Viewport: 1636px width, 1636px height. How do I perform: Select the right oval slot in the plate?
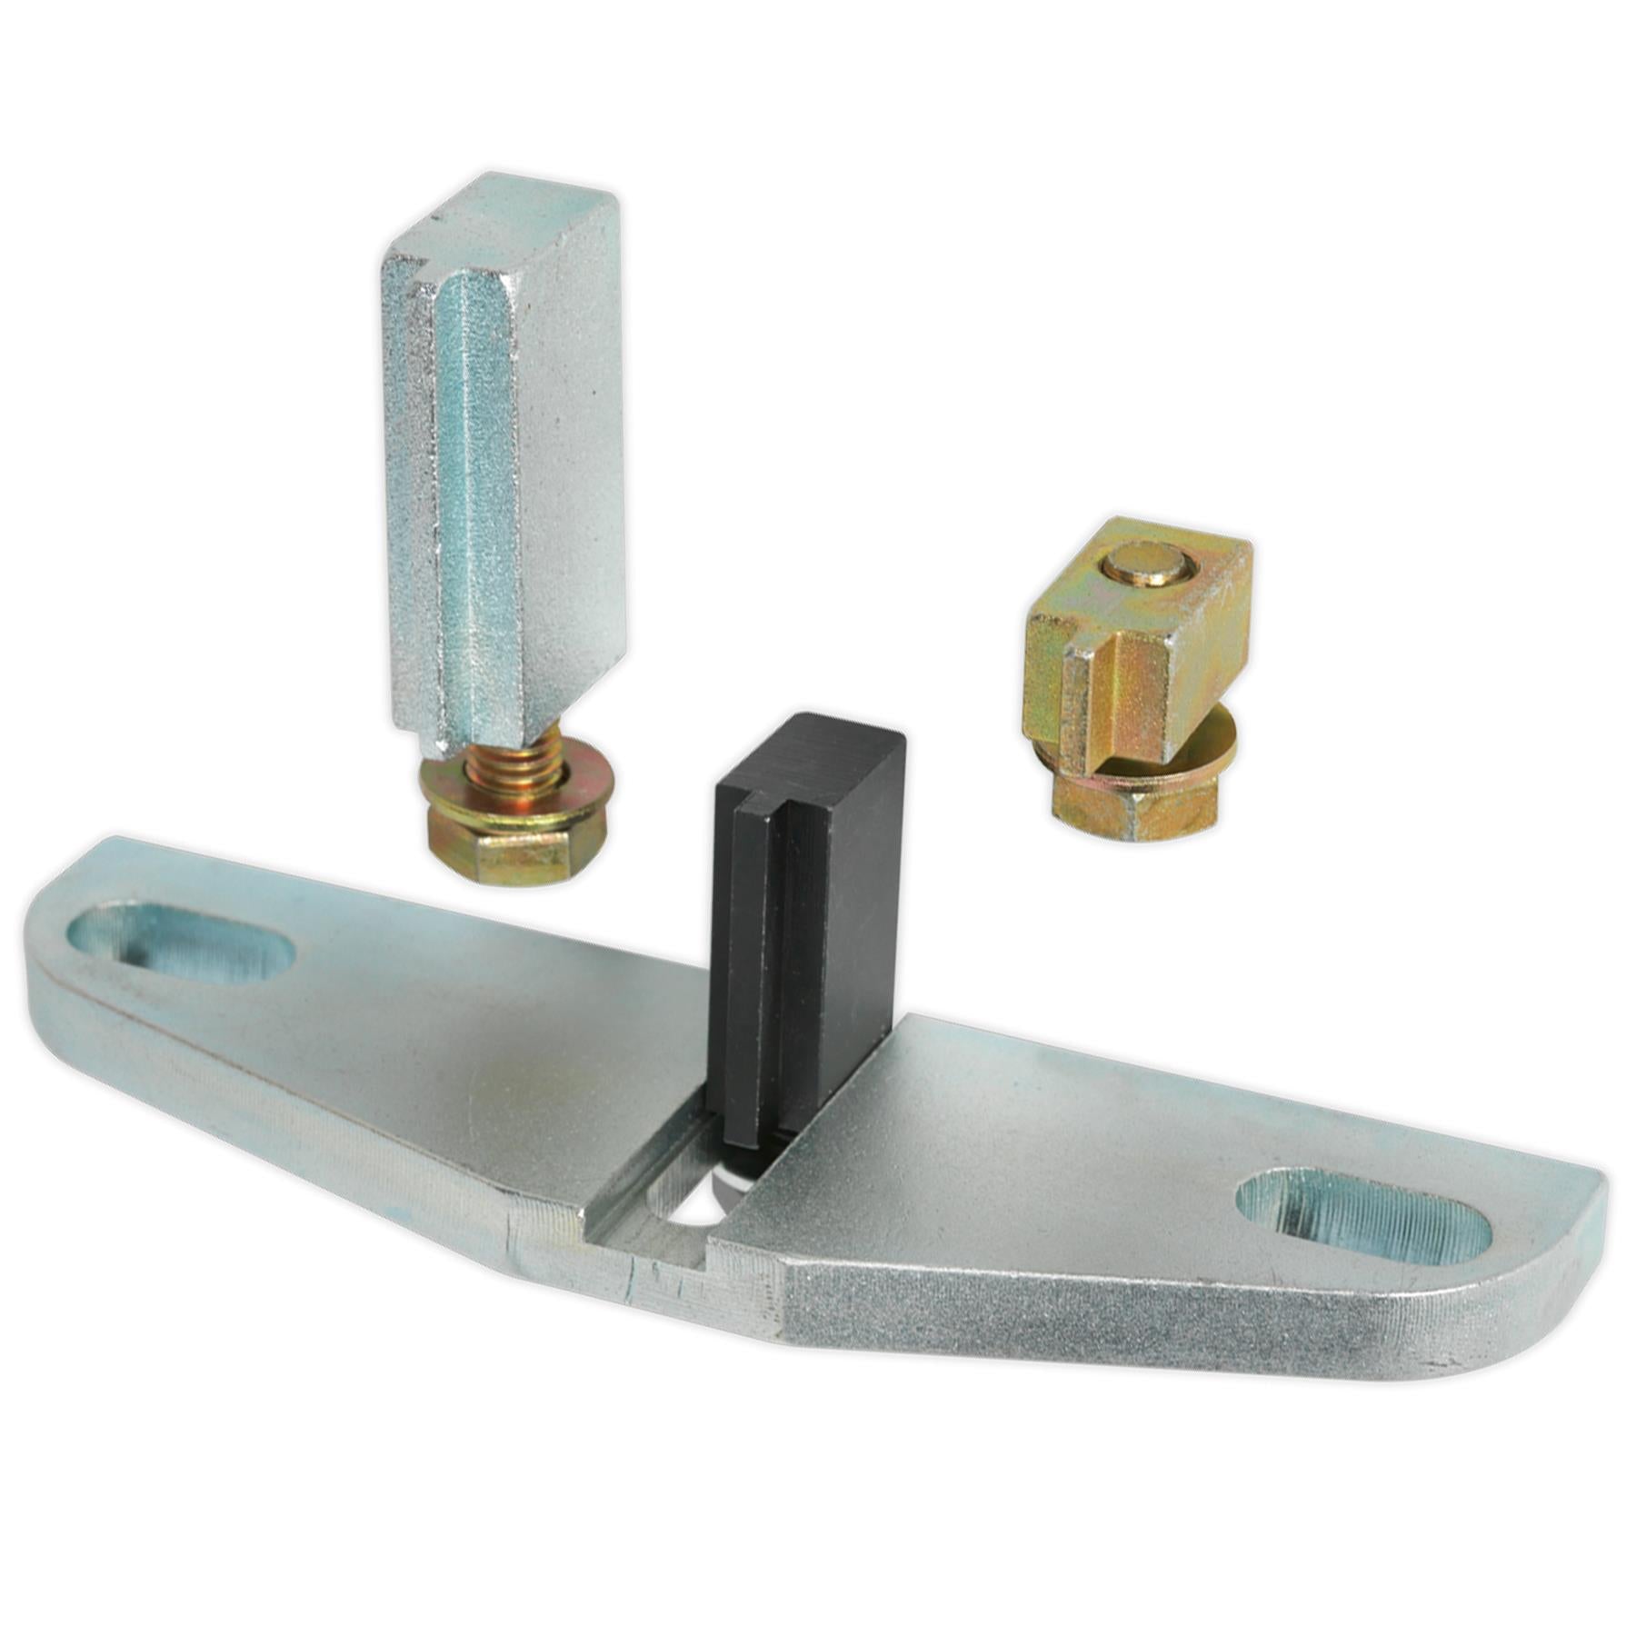point(1363,1213)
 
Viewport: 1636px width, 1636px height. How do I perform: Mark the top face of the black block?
point(813,736)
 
